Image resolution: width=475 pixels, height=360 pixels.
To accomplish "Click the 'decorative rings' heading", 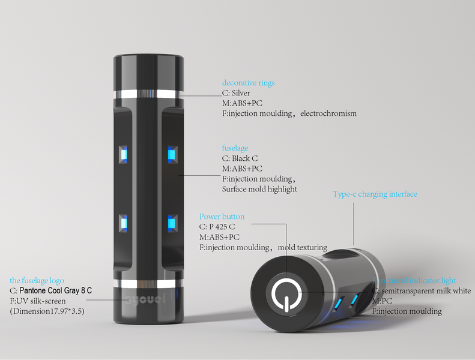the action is [248, 83].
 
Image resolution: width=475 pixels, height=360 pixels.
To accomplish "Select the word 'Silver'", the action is [241, 93].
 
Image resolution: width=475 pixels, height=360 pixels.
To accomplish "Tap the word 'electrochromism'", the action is [328, 113].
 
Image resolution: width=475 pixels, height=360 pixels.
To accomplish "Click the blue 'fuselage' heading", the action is [235, 148].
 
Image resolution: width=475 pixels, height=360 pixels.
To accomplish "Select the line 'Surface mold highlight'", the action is [259, 189].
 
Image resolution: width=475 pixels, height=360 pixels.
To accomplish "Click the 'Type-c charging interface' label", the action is [375, 194].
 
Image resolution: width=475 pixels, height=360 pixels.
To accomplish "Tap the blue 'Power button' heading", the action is [222, 217].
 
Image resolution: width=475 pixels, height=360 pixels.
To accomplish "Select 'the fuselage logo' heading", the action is [37, 280].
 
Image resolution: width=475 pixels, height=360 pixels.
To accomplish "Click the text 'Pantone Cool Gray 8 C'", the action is [56, 290].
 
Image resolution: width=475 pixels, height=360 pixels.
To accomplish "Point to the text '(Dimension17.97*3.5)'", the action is [46, 311].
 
